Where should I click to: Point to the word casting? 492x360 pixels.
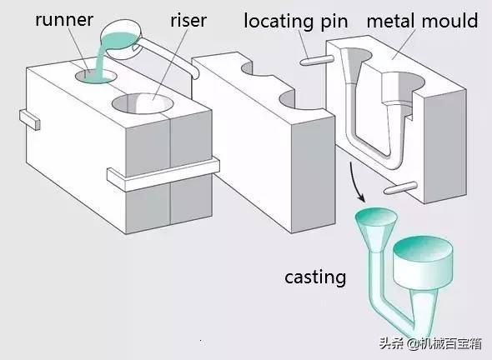(x=314, y=277)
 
